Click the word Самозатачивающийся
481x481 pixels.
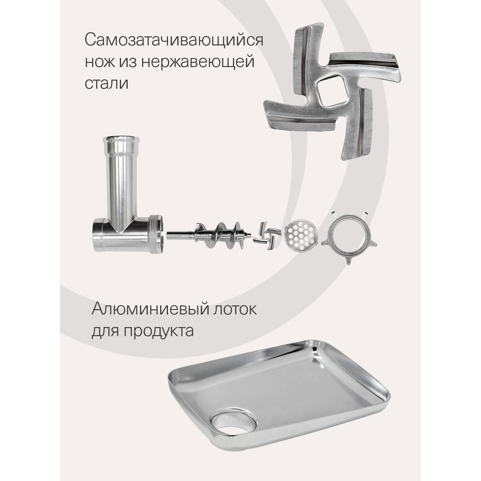click(174, 40)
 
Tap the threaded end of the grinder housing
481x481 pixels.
click(155, 229)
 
